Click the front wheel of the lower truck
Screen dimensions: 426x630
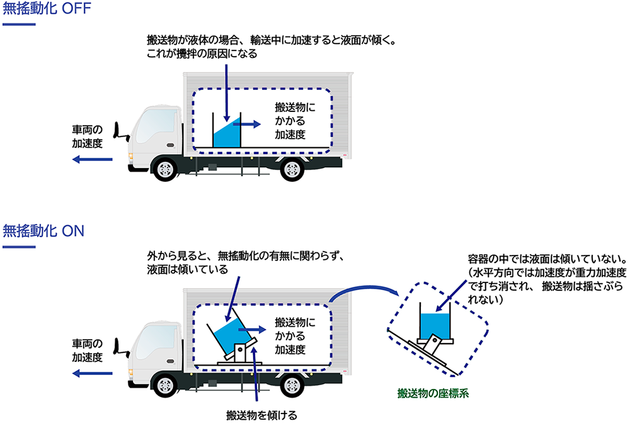pyautogui.click(x=165, y=384)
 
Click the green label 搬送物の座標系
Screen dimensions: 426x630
pyautogui.click(x=434, y=394)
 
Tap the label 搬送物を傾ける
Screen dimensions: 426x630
pyautogui.click(x=261, y=415)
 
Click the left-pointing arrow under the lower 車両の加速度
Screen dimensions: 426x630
pyautogui.click(x=92, y=373)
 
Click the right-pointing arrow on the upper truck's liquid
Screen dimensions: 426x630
pyautogui.click(x=247, y=124)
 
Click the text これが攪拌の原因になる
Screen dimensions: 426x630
pyautogui.click(x=202, y=54)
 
